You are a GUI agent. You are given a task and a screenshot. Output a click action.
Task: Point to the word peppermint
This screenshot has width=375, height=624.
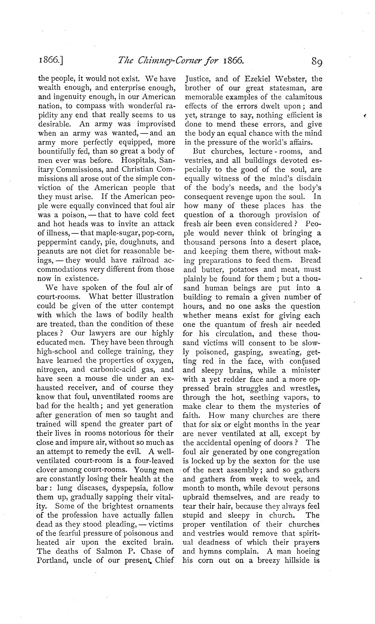click(x=54, y=242)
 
